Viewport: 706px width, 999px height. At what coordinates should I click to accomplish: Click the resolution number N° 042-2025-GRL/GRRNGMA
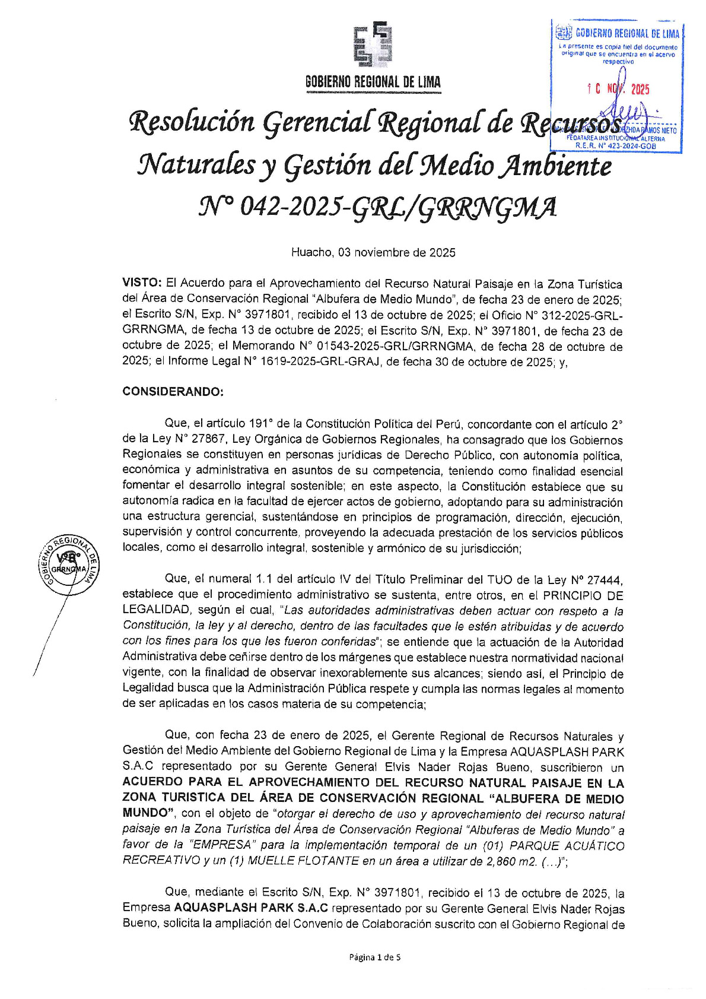tap(377, 208)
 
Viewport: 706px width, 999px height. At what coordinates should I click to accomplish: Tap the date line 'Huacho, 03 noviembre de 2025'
tap(373, 253)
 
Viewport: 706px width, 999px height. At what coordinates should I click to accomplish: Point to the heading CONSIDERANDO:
tap(173, 392)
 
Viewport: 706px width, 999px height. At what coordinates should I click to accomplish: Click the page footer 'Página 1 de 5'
tap(374, 957)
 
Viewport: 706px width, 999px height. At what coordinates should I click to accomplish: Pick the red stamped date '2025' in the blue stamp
tap(640, 90)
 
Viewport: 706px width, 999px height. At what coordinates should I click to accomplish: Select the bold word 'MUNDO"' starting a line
tap(146, 812)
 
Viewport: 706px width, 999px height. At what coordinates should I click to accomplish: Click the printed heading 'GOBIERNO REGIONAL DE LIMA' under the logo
tap(373, 83)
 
